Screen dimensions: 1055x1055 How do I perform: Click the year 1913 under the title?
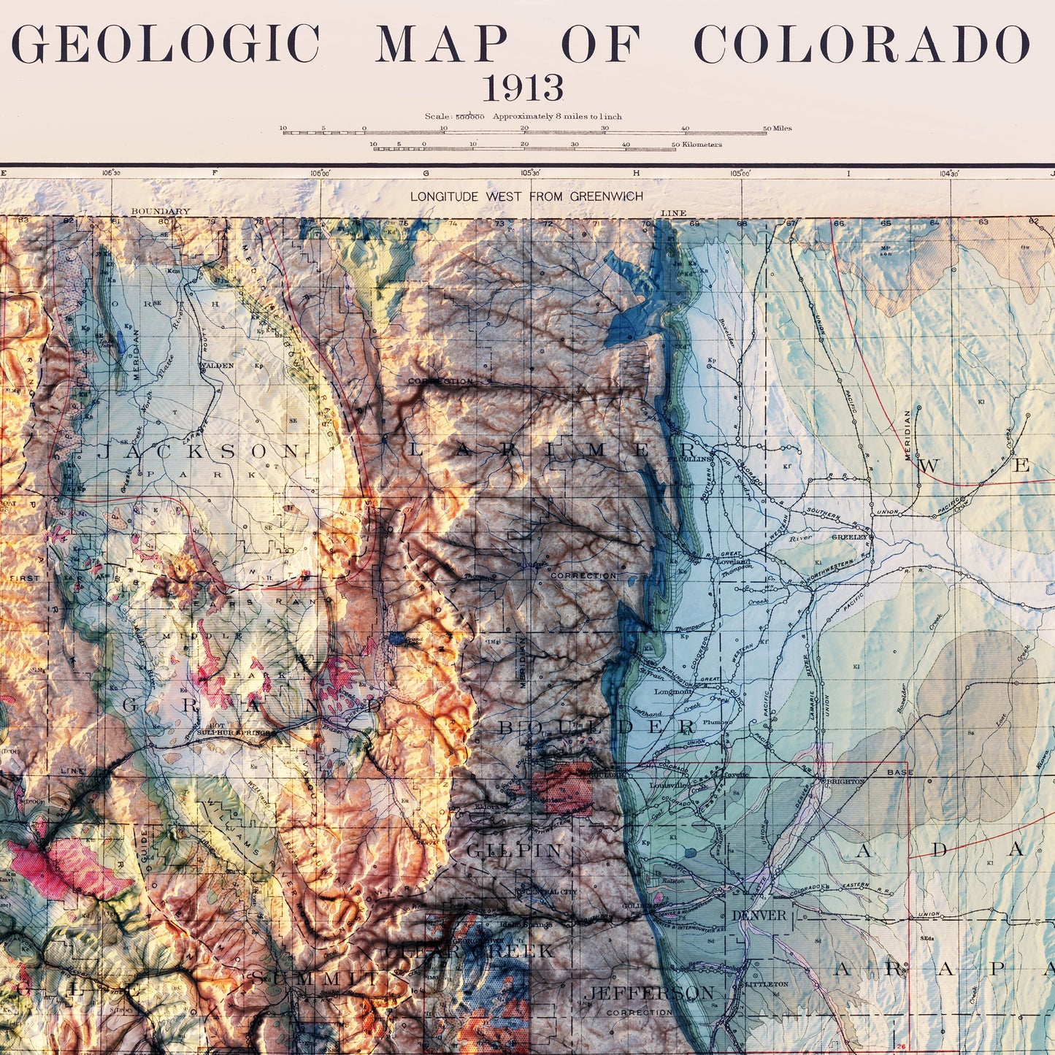[x=523, y=89]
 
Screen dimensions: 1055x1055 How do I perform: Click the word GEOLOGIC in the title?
[x=166, y=45]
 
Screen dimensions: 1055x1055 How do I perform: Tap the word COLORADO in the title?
[x=862, y=45]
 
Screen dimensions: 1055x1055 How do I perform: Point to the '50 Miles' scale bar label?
[x=777, y=128]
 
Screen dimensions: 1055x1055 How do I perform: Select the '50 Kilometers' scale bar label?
[x=697, y=145]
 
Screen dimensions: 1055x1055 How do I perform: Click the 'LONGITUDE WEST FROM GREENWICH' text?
[x=526, y=196]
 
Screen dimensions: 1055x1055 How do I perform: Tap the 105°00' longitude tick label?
[x=740, y=174]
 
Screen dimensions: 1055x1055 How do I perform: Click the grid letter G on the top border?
[x=426, y=174]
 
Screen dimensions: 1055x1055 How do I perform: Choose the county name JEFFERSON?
[x=648, y=993]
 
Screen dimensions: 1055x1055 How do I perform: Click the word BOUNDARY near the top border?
[x=160, y=212]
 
